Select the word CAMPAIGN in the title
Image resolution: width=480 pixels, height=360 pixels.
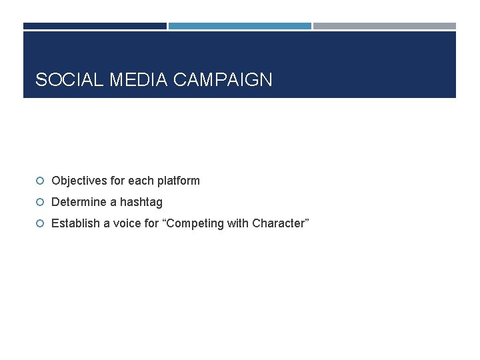(x=223, y=80)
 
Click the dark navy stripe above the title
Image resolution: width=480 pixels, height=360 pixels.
(x=95, y=26)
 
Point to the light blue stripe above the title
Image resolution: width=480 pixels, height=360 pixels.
(x=239, y=26)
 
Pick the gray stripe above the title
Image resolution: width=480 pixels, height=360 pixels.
(x=385, y=26)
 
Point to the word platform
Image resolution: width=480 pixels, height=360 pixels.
(x=178, y=181)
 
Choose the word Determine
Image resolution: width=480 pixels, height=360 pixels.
(x=76, y=202)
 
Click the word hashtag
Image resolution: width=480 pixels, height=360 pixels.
(x=141, y=202)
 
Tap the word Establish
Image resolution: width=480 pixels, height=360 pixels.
(x=73, y=223)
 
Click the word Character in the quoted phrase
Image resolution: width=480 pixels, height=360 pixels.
(x=279, y=223)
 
